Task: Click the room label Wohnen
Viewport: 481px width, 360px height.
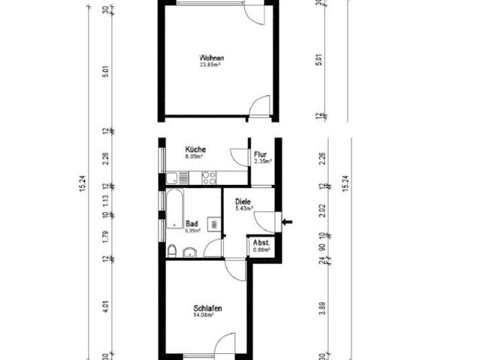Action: (x=212, y=58)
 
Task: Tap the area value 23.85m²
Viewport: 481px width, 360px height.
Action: (x=212, y=65)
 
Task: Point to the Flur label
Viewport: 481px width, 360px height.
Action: (x=260, y=154)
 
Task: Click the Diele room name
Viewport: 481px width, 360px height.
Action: (x=242, y=201)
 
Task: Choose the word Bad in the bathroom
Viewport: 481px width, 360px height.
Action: (x=192, y=222)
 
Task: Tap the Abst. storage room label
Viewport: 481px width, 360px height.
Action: (x=261, y=243)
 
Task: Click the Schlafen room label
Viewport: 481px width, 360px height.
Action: (x=207, y=308)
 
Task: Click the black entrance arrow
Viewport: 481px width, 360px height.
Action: (x=288, y=221)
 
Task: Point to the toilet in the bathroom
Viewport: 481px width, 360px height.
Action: (x=173, y=250)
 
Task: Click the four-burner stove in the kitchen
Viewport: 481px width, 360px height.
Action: (x=209, y=178)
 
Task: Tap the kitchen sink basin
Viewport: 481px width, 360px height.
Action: (x=174, y=178)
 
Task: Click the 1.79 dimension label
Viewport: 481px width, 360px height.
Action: (x=106, y=236)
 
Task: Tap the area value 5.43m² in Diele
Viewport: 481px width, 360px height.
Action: (x=242, y=208)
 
